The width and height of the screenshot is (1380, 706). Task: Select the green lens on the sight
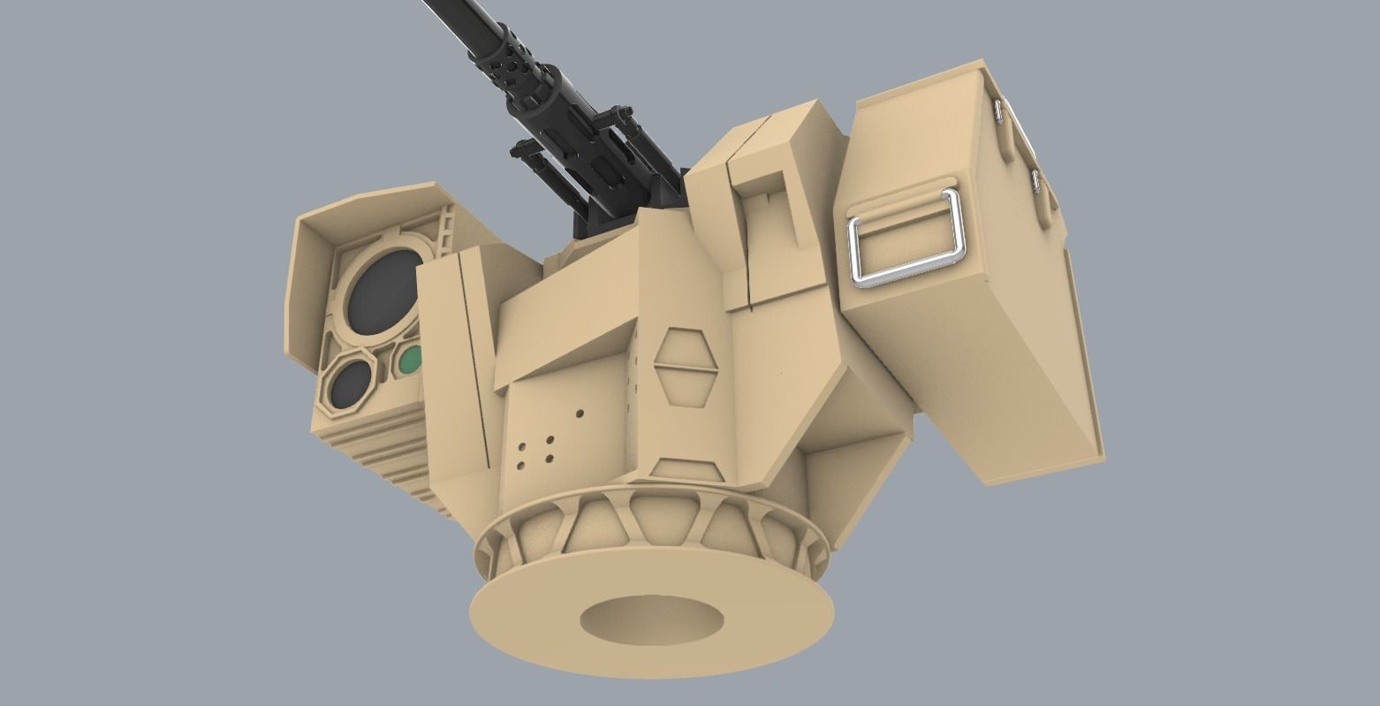[x=411, y=359]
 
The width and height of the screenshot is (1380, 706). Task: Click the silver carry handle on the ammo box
[x=906, y=237]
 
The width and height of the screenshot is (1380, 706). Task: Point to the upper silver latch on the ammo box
[x=999, y=110]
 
